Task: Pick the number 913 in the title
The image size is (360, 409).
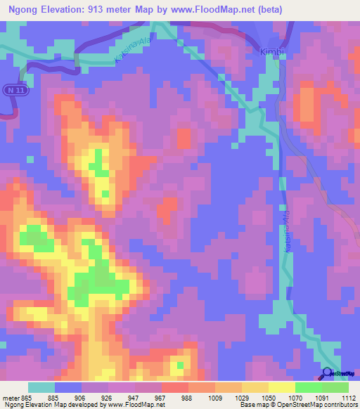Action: point(105,8)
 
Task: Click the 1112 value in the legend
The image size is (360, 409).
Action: point(347,397)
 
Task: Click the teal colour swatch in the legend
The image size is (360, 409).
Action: point(41,388)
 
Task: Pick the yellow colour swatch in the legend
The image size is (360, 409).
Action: point(281,388)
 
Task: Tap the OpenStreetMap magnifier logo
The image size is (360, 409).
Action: point(328,373)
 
